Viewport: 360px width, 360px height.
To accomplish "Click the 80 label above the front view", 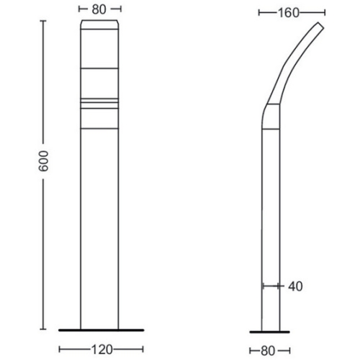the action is [99, 9].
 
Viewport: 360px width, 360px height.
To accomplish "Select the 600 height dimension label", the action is [43, 161].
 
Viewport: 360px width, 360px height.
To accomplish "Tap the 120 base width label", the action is [102, 350].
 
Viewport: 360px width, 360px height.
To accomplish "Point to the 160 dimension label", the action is [289, 13].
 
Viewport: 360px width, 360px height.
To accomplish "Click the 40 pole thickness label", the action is [295, 287].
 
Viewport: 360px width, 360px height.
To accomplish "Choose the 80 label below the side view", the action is [268, 351].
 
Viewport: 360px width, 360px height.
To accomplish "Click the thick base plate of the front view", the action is [102, 330].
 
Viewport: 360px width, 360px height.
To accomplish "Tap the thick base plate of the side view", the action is [269, 332].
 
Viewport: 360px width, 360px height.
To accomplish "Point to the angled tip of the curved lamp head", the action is [321, 25].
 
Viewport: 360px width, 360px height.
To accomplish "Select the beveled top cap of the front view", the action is [99, 24].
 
